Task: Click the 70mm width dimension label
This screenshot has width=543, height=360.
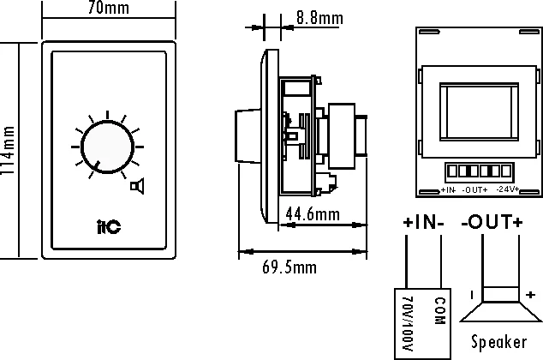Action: (109, 8)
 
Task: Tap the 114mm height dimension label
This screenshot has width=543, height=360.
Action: (7, 150)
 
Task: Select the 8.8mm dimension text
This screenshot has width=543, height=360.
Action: (319, 18)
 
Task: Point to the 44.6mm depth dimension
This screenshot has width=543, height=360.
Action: (313, 213)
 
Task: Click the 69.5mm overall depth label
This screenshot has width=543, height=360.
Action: (289, 267)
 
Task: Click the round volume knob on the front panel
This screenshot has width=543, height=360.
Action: (107, 147)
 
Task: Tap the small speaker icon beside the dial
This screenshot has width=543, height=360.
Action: (137, 186)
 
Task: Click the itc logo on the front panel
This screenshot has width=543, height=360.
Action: (109, 226)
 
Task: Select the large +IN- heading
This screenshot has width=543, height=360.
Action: (423, 222)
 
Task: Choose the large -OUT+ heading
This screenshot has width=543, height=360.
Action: (492, 222)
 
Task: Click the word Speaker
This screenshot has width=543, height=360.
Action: (499, 342)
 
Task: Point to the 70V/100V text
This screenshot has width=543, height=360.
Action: (409, 324)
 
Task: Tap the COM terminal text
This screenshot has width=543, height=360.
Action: (439, 311)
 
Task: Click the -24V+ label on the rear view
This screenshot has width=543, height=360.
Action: (508, 189)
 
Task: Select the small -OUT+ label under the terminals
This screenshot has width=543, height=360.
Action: (474, 190)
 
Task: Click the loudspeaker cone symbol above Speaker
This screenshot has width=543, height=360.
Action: (501, 304)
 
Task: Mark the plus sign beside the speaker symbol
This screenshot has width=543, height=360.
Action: (530, 295)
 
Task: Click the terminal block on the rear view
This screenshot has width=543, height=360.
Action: (480, 172)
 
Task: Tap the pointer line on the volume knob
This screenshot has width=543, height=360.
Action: (97, 166)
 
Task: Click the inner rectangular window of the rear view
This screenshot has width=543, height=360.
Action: (480, 112)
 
